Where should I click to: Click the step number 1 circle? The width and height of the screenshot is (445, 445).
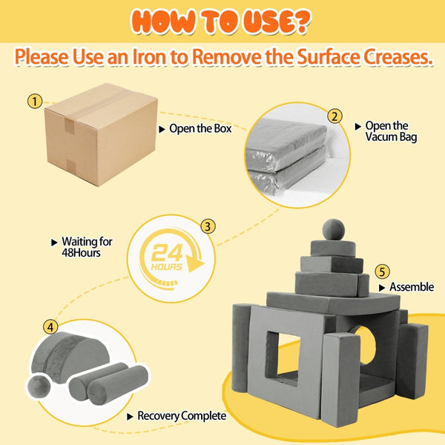(x=35, y=102)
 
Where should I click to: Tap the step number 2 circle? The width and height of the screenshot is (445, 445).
(x=334, y=116)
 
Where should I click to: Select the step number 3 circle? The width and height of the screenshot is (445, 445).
(x=208, y=226)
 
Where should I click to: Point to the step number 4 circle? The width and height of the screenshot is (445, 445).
(x=50, y=327)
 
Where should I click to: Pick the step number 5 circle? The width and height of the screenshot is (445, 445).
(x=382, y=271)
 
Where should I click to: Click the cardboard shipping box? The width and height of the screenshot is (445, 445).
(x=101, y=134)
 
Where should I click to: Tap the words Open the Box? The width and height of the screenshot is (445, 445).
(x=200, y=128)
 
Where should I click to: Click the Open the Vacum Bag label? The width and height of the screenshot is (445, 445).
(x=391, y=131)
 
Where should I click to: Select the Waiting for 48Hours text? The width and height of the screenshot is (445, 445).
(x=87, y=247)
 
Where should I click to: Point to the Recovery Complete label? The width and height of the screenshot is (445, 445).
(x=182, y=416)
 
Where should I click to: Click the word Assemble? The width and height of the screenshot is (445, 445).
(x=412, y=287)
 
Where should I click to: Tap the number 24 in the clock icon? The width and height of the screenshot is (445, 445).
(x=167, y=252)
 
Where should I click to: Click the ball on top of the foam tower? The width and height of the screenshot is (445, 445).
(x=334, y=230)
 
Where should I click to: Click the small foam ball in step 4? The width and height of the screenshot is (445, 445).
(x=39, y=386)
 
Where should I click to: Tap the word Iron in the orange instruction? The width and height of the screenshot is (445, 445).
(x=151, y=56)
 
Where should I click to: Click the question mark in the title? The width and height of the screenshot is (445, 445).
(x=300, y=22)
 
